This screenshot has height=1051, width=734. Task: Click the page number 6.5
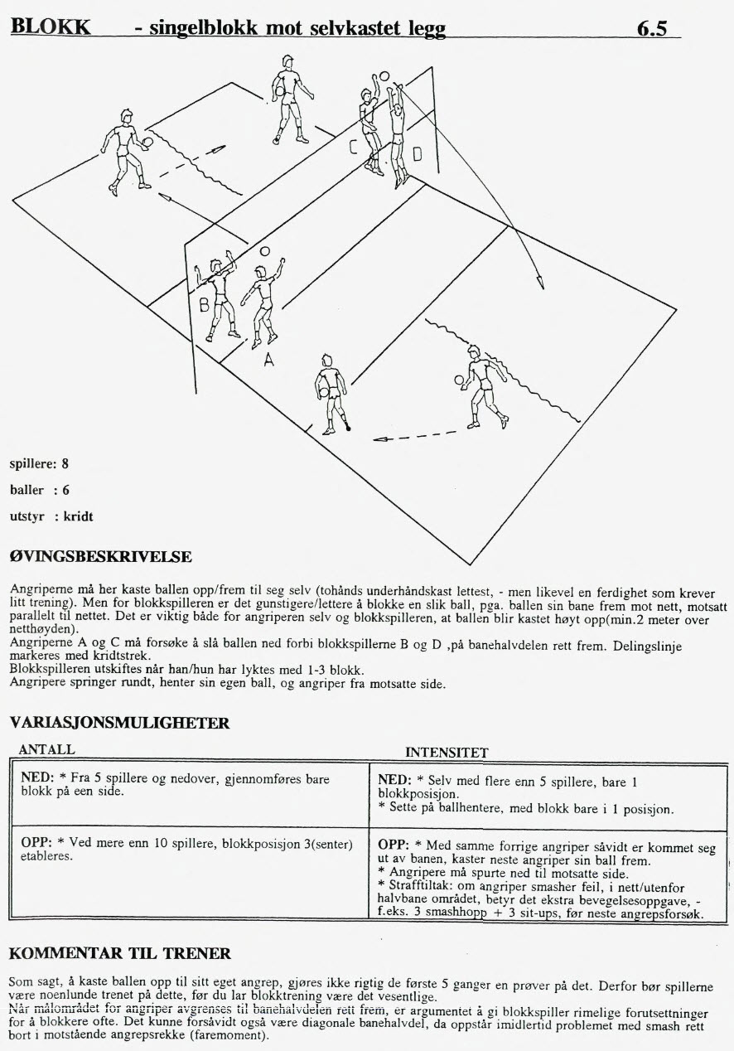click(652, 28)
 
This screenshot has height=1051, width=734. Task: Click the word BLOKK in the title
click(50, 27)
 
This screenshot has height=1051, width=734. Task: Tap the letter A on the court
click(268, 360)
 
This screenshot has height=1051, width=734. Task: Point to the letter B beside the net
click(203, 305)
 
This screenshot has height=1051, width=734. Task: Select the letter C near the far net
click(353, 148)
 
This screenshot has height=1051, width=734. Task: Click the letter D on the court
click(417, 154)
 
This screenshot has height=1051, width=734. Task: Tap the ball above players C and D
click(384, 75)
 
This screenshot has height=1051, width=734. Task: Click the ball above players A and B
click(264, 250)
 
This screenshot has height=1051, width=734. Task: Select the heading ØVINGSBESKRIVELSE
click(100, 556)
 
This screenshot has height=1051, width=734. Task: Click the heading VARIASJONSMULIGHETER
click(119, 724)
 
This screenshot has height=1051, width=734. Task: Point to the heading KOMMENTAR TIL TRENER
click(120, 953)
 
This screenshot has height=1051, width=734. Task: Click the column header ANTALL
click(46, 750)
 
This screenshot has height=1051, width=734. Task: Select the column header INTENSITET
click(447, 753)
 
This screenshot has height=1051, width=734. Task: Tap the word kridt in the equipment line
click(79, 517)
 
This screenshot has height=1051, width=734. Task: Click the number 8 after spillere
click(65, 463)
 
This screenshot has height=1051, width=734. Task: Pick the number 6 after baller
click(65, 490)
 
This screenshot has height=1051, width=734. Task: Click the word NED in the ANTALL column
click(35, 781)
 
